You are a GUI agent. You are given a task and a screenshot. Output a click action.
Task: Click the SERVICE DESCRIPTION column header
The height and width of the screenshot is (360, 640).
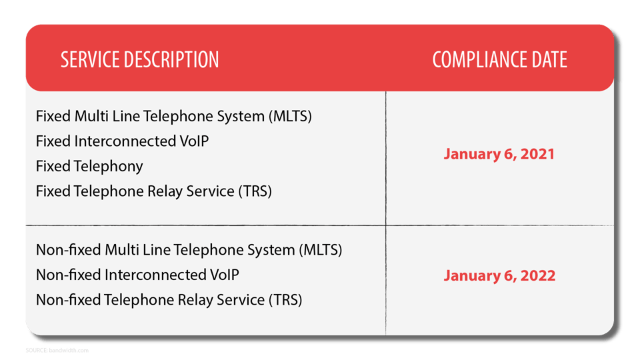[139, 60]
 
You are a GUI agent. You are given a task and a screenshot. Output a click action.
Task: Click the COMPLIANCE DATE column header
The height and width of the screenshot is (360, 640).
[499, 60]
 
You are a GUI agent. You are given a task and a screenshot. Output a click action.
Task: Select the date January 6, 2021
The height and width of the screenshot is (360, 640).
[499, 154]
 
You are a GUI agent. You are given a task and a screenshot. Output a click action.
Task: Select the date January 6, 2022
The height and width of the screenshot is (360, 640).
[499, 275]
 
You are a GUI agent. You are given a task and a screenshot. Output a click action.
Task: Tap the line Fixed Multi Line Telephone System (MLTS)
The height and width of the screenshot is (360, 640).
[173, 116]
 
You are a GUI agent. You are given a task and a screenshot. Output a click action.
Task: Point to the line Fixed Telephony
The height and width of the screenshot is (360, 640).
[89, 166]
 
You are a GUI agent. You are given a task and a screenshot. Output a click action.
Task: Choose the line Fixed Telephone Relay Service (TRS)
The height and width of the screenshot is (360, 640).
[154, 191]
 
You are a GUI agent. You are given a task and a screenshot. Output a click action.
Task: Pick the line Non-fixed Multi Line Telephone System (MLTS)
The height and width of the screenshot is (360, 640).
[189, 250]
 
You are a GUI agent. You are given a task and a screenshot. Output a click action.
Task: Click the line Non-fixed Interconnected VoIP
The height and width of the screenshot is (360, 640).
[137, 275]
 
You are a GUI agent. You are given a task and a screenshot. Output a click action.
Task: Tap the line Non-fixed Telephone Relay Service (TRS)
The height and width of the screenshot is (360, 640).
[169, 300]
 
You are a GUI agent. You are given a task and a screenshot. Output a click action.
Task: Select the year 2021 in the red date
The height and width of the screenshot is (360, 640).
[538, 154]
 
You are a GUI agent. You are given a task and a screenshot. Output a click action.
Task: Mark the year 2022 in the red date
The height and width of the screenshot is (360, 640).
[538, 275]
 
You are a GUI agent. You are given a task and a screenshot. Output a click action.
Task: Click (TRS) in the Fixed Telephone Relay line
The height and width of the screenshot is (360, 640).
[255, 191]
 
